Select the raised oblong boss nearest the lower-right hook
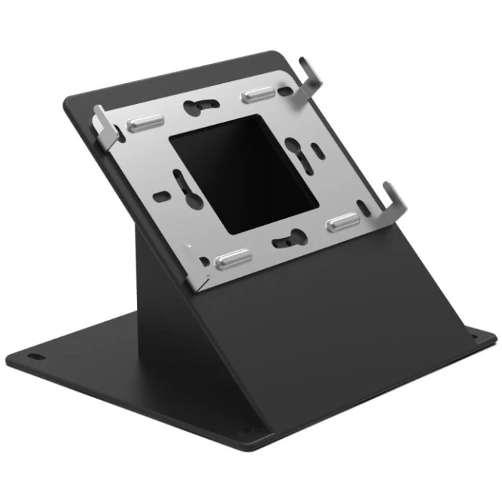(x=346, y=222)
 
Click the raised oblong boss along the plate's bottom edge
(x=233, y=257)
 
